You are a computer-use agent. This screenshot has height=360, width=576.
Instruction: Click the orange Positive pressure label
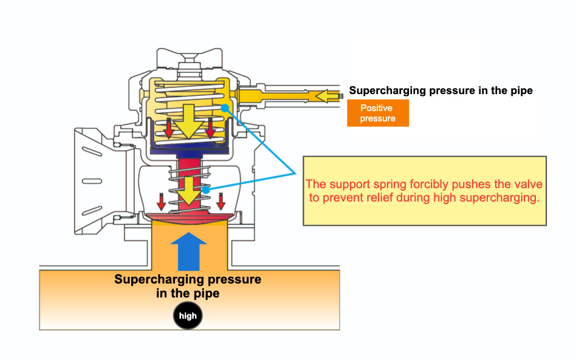377,114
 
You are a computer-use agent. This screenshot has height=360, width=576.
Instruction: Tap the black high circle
188,316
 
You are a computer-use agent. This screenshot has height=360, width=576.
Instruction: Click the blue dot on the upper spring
225,108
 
